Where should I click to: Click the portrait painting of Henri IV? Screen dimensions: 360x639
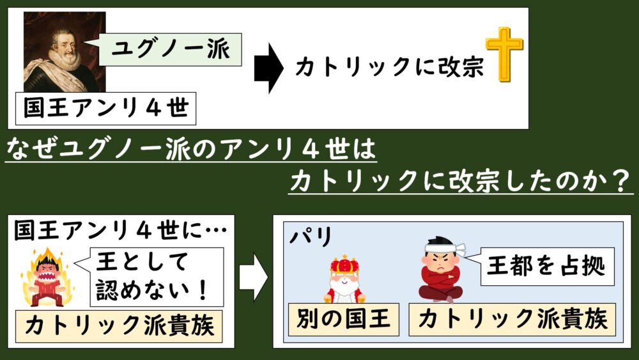coord(61,51)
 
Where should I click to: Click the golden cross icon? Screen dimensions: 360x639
coord(504,54)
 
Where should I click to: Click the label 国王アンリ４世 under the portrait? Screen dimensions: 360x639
coord(105,109)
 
